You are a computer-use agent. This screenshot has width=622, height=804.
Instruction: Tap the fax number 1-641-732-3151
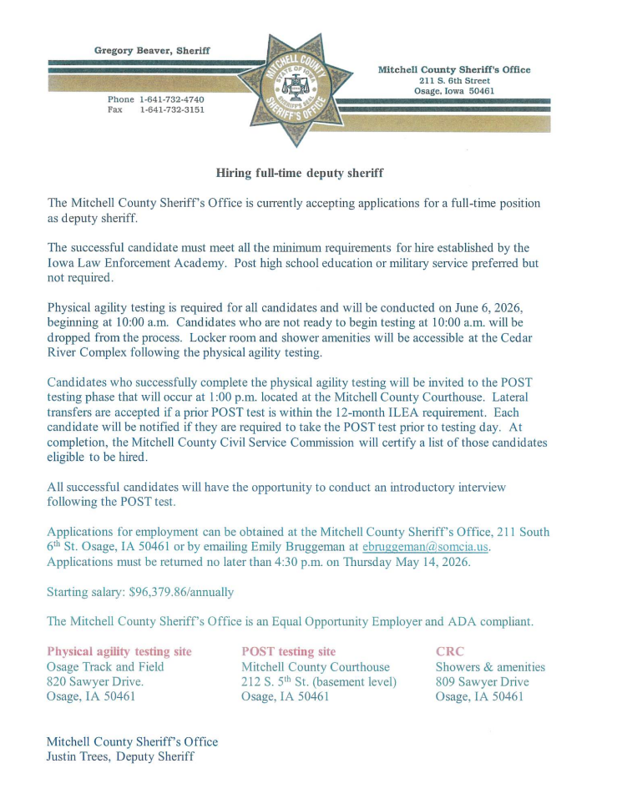[x=172, y=109]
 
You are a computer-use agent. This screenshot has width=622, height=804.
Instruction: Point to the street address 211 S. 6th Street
[x=454, y=81]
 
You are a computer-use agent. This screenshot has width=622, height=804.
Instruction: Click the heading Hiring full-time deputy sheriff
[x=300, y=173]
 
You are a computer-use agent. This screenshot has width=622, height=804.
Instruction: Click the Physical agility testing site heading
[x=119, y=651]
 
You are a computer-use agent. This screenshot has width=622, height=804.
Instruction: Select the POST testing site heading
[x=289, y=651]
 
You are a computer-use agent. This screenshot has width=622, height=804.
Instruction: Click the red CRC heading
[x=450, y=651]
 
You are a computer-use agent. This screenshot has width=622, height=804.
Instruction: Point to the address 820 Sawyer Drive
[x=94, y=682]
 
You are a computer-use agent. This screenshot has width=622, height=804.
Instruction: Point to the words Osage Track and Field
[x=105, y=667]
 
